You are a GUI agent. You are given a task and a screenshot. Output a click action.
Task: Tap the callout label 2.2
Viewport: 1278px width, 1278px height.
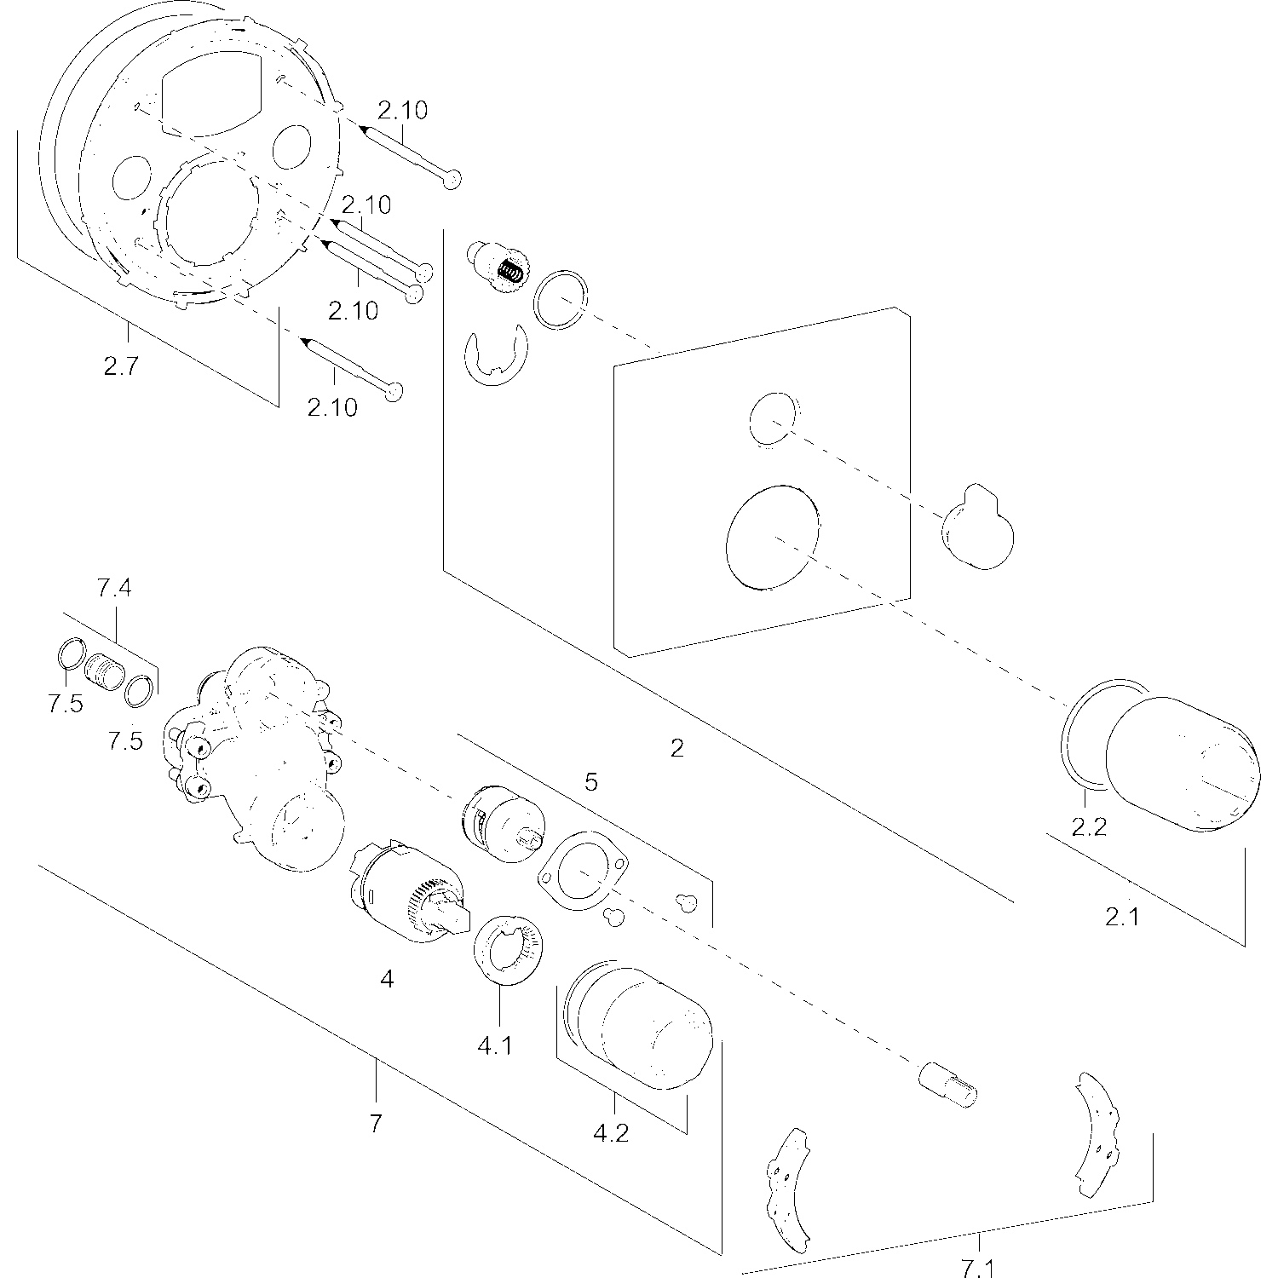coord(1089,826)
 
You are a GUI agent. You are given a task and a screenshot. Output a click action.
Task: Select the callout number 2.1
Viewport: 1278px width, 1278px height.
coord(1122,917)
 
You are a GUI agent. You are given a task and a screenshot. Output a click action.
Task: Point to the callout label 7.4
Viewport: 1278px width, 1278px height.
coord(114,589)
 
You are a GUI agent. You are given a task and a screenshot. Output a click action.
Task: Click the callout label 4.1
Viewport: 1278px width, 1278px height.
coord(495,1045)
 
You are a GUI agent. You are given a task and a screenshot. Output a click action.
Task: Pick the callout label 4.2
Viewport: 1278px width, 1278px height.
coord(610,1134)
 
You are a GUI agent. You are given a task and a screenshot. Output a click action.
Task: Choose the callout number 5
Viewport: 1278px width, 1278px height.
coord(591,782)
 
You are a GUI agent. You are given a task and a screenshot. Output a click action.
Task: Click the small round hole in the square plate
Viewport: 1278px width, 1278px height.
coord(773,418)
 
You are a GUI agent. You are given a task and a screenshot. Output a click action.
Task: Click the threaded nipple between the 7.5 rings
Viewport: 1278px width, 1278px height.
coord(105,674)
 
